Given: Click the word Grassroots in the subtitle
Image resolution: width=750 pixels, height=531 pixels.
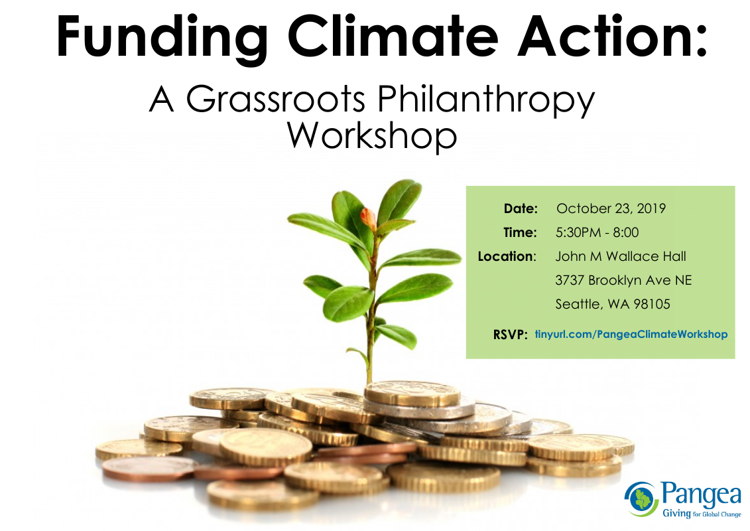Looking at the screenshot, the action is (275, 99).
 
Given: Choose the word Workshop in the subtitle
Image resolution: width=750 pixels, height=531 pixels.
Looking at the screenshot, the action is (372, 137).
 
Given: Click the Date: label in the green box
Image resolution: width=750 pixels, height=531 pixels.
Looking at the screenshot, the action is (521, 209).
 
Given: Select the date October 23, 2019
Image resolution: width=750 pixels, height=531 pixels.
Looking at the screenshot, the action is (611, 209).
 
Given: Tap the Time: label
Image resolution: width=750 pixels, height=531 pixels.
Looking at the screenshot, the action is (521, 233).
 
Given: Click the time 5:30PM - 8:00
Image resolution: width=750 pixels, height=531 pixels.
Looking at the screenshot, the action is (597, 233).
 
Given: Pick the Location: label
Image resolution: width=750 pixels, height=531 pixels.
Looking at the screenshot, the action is (507, 257).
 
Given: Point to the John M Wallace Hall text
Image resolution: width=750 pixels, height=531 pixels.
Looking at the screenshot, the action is (621, 257).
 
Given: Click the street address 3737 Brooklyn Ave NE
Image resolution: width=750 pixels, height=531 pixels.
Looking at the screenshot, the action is (623, 280).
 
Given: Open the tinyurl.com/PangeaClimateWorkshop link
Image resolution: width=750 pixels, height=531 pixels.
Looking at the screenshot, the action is (631, 335).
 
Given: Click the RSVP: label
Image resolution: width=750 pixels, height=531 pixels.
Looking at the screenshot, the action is (510, 335).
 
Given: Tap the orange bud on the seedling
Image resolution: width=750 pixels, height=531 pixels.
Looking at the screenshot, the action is (368, 218).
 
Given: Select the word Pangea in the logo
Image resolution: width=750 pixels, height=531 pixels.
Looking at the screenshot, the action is (701, 494).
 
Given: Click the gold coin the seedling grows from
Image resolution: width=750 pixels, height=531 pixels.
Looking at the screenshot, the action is (412, 394).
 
